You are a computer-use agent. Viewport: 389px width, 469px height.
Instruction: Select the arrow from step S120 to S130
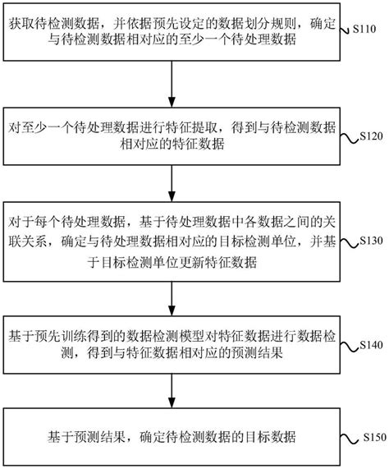point(171,181)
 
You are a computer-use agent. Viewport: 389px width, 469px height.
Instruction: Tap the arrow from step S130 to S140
point(171,292)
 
